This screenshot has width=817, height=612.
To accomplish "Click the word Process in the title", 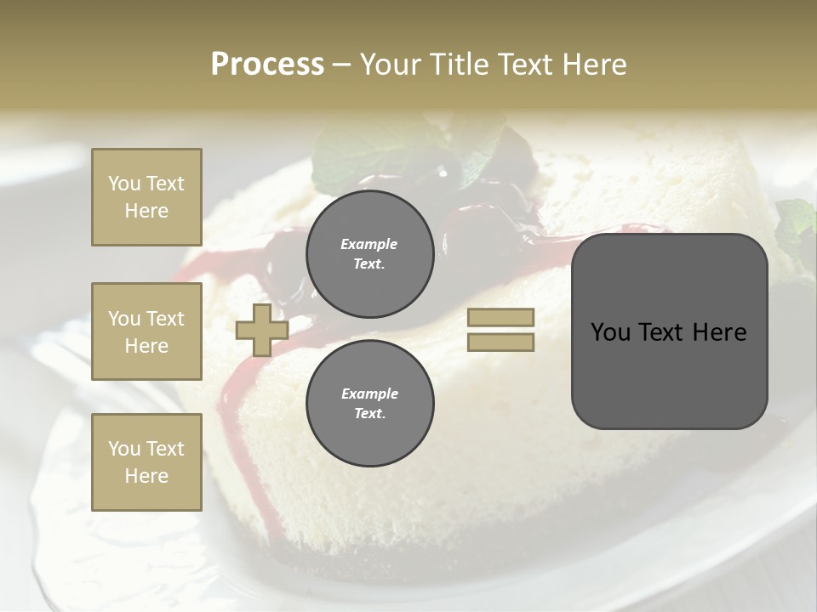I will pyautogui.click(x=267, y=64).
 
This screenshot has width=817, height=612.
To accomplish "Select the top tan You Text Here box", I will pyautogui.click(x=146, y=197).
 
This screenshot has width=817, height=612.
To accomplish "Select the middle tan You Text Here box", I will pyautogui.click(x=146, y=331).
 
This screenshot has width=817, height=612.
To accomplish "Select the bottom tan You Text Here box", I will pyautogui.click(x=146, y=462).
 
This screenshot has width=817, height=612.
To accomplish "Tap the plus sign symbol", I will pyautogui.click(x=261, y=330).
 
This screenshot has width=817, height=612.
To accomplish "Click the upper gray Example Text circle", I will pyautogui.click(x=369, y=254).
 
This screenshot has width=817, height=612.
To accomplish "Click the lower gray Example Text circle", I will pyautogui.click(x=369, y=404).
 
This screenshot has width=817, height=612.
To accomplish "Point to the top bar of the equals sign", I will pyautogui.click(x=500, y=318).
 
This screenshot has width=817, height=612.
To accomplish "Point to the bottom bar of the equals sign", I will pyautogui.click(x=500, y=343).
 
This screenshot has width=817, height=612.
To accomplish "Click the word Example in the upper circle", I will pyautogui.click(x=369, y=244).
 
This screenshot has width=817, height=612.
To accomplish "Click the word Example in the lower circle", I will pyautogui.click(x=369, y=394).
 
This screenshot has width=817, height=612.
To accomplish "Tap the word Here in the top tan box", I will pyautogui.click(x=146, y=211).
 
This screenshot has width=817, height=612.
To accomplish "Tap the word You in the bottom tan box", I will pyautogui.click(x=124, y=449).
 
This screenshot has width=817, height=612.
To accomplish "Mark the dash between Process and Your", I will pyautogui.click(x=341, y=65).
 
